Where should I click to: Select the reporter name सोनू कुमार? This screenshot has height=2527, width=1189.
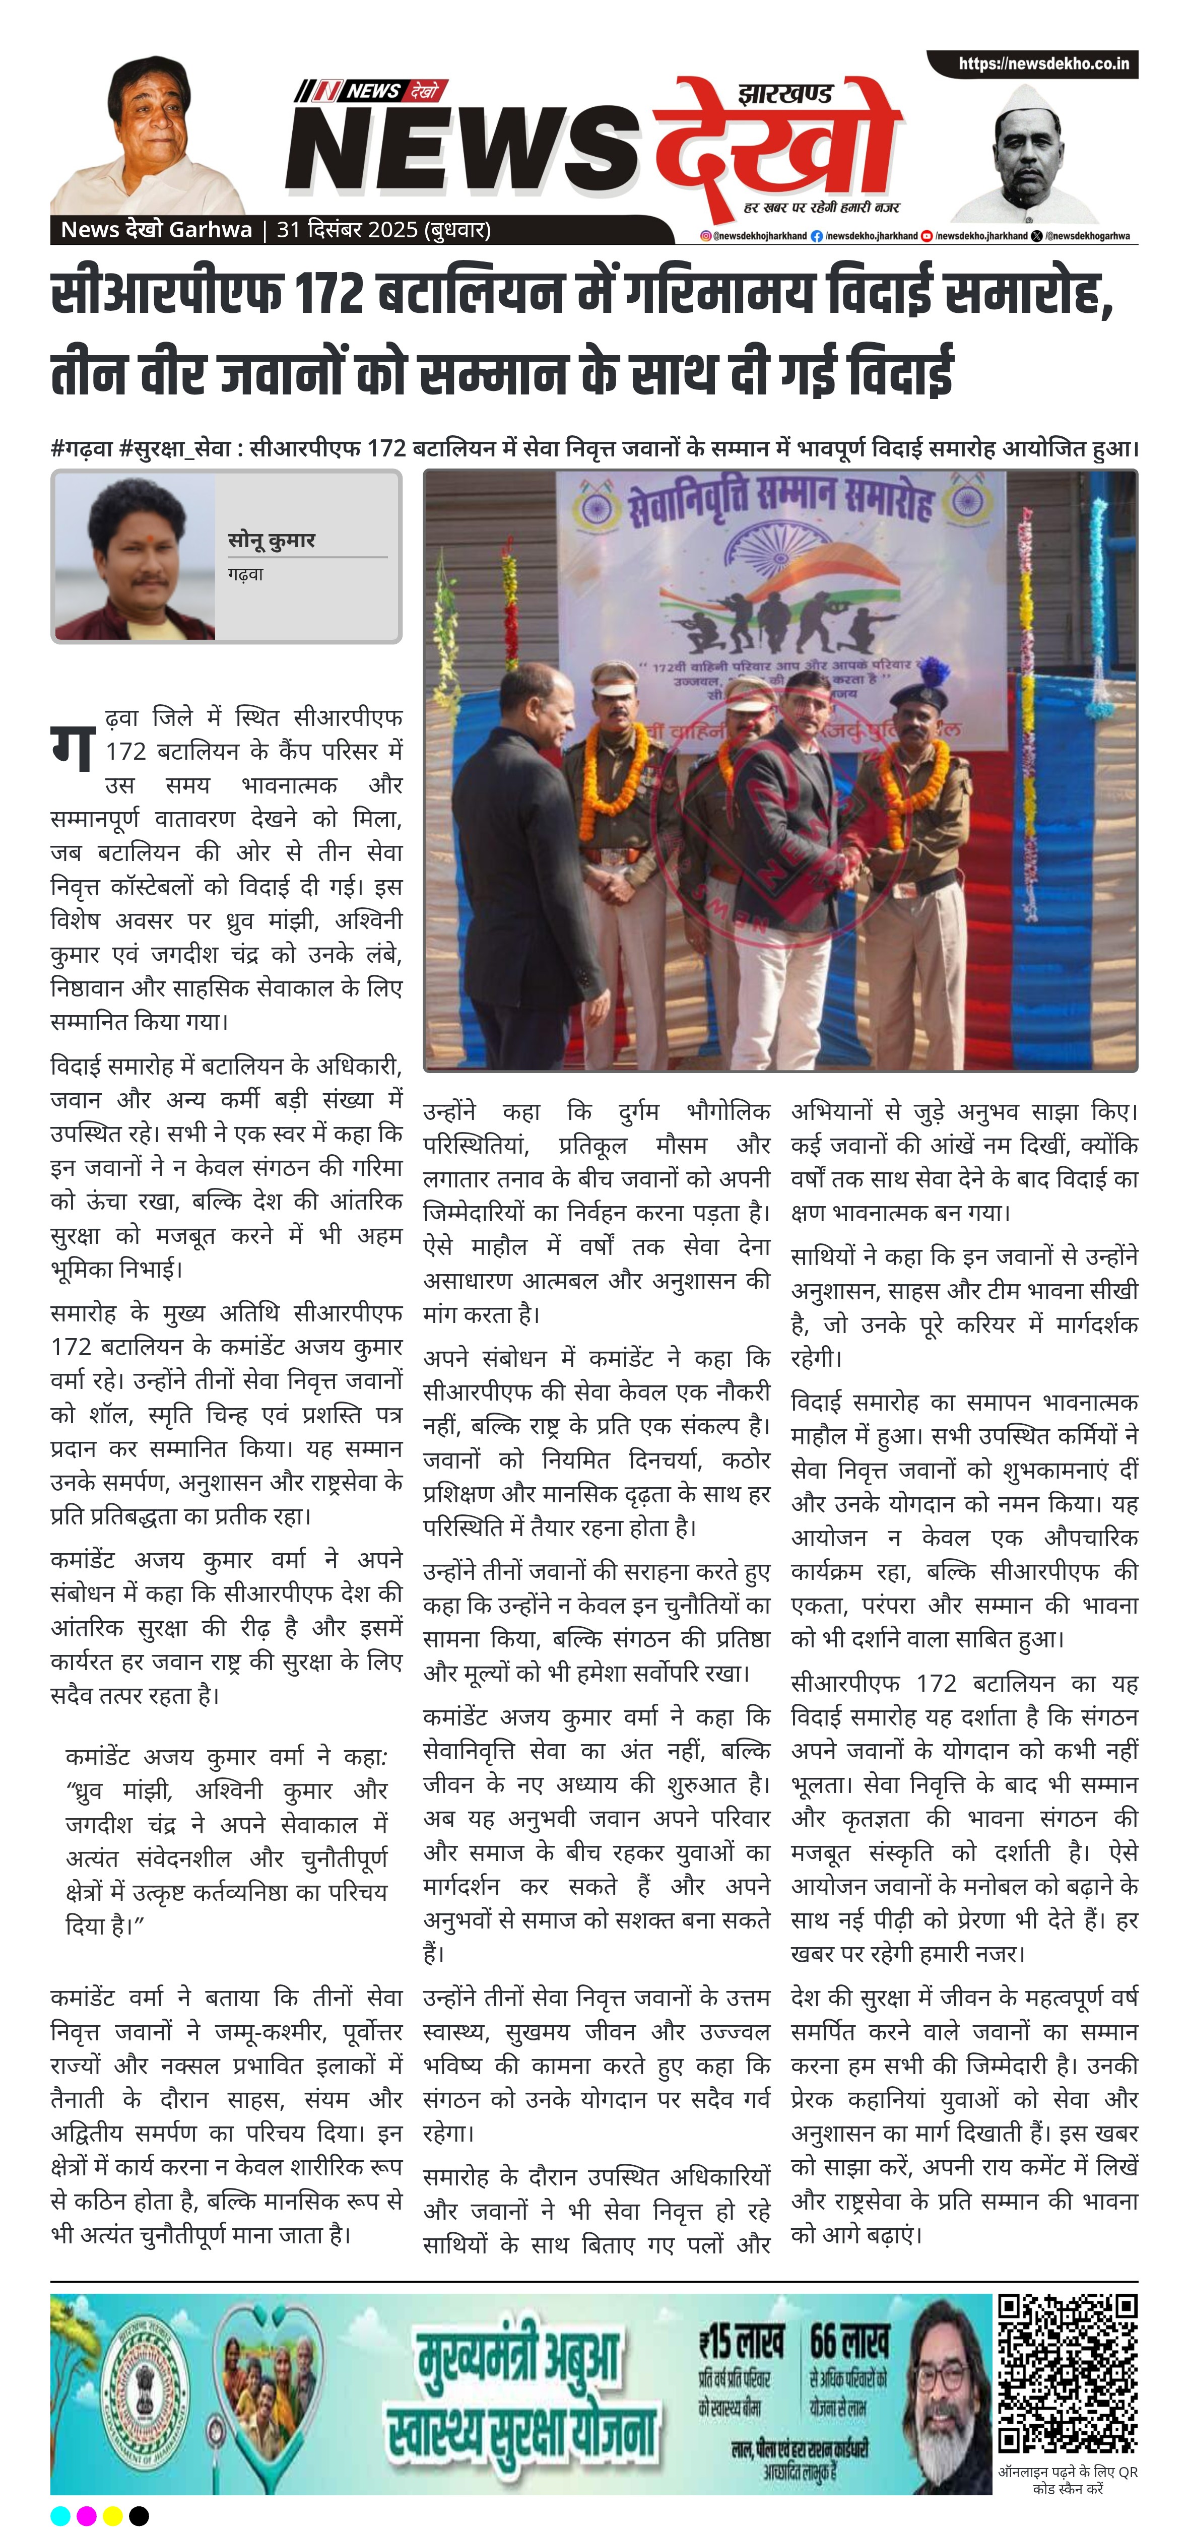click(x=271, y=541)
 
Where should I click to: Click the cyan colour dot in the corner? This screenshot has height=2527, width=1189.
click(x=60, y=2515)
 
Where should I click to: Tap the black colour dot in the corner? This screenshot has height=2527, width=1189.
click(x=140, y=2515)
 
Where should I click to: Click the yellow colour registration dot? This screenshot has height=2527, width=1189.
click(x=113, y=2515)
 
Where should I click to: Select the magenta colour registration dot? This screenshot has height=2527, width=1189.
click(x=86, y=2515)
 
